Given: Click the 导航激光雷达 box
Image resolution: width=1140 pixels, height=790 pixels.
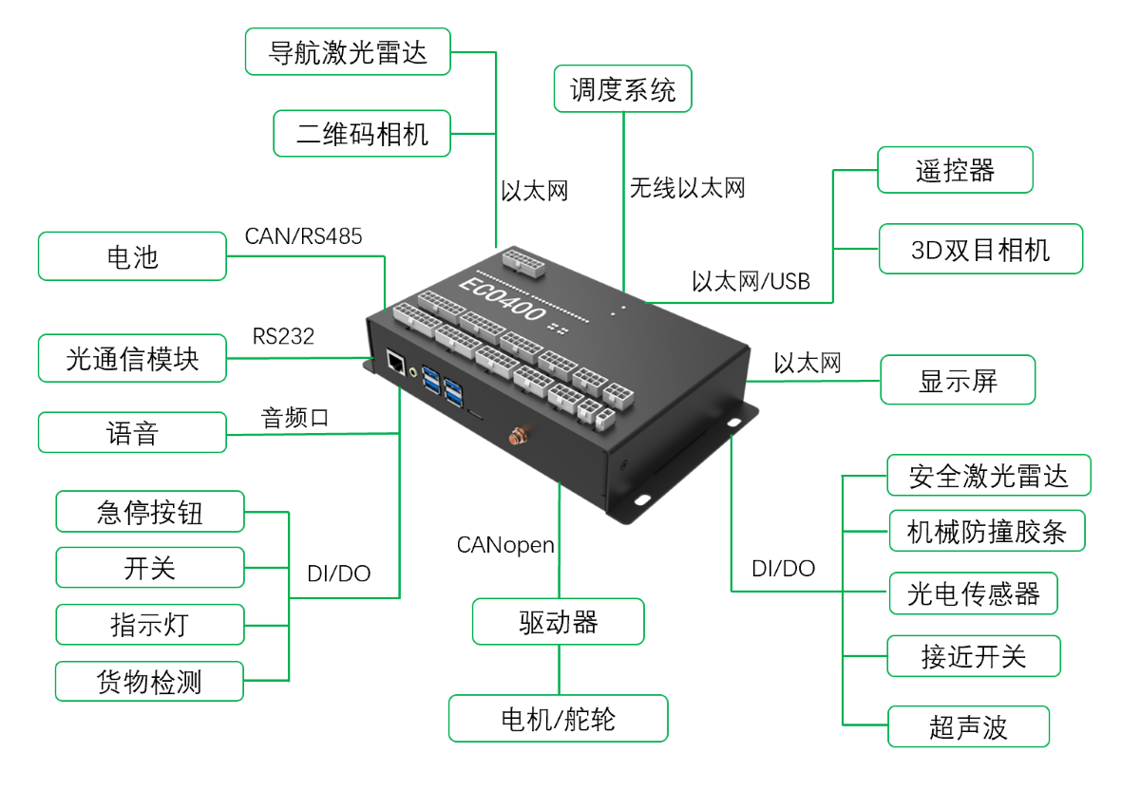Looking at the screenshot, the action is tap(348, 51).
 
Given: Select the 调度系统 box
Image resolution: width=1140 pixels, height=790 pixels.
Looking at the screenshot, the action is tap(622, 88).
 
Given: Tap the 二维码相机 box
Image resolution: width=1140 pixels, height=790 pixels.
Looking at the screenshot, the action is tap(362, 133).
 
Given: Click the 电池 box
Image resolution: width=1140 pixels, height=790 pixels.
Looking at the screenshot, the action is tap(132, 255).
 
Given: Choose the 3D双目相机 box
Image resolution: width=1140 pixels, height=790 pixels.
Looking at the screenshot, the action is tap(980, 249).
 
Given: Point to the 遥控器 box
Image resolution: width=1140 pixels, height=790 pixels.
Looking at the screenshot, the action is tap(955, 170).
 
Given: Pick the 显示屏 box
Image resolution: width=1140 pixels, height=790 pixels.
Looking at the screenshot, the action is tap(958, 380).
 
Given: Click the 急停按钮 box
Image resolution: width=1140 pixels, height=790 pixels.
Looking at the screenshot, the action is tap(150, 511).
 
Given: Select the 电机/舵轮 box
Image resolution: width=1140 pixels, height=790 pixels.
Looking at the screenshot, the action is tap(558, 718).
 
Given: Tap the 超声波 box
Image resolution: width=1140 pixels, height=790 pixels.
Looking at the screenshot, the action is tap(968, 725).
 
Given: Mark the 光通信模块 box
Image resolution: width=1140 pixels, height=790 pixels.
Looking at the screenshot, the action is tap(132, 358).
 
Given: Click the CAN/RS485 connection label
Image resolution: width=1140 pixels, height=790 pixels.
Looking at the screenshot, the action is tap(303, 236).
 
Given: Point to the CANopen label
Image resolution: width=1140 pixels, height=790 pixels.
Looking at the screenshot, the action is tap(505, 545).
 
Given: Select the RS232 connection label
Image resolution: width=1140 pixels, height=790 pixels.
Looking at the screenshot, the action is tap(283, 336).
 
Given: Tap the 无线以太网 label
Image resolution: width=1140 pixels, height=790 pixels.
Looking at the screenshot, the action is tap(687, 188).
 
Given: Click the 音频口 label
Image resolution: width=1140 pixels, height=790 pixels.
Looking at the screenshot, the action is tap(294, 418).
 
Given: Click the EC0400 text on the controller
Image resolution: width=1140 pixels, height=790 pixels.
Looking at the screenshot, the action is tap(503, 300).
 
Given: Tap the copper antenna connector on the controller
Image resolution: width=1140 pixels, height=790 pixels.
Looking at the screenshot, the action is tap(519, 435).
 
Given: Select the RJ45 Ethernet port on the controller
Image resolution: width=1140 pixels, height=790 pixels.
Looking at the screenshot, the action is tap(395, 361).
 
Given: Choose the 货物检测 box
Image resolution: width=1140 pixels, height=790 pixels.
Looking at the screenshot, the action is tap(149, 681).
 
